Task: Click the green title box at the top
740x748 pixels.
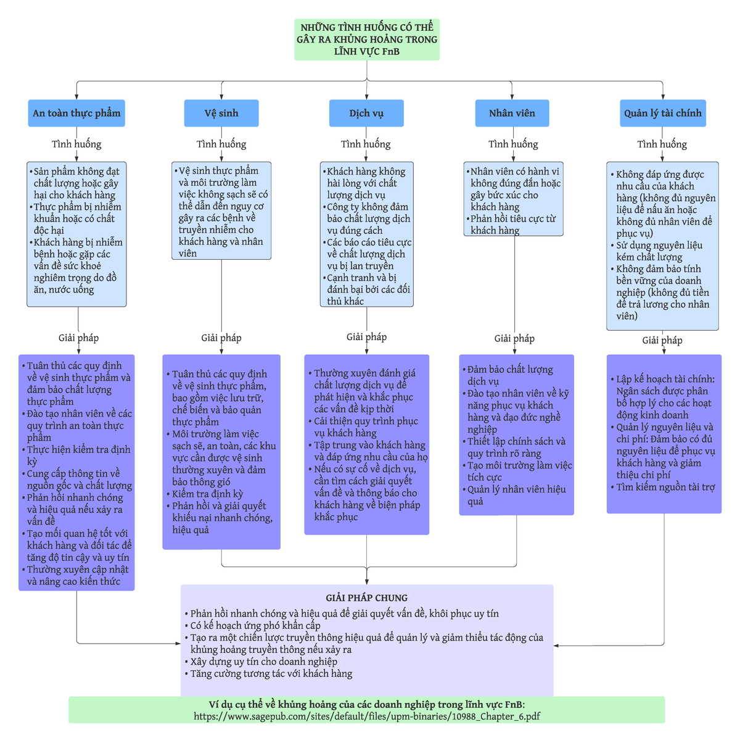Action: [367, 39]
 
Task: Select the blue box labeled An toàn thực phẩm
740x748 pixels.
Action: [76, 114]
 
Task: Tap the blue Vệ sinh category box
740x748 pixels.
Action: [221, 114]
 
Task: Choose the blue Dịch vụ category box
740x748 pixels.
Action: [366, 114]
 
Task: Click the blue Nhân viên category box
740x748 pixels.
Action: [512, 114]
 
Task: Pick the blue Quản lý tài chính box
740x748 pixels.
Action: [662, 114]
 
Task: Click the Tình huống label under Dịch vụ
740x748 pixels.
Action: [366, 144]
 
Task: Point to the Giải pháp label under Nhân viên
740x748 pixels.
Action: [514, 338]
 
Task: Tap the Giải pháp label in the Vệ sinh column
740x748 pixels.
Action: [221, 338]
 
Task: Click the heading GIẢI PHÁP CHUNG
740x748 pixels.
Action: [367, 597]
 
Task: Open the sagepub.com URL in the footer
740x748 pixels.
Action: [367, 717]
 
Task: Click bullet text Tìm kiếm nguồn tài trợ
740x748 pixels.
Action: [665, 487]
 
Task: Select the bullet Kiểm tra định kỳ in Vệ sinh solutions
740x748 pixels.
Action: [207, 494]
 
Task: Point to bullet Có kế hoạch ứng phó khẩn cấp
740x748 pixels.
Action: [255, 625]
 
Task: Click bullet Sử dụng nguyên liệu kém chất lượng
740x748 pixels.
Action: [659, 251]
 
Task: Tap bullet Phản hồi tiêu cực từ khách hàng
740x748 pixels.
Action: [512, 225]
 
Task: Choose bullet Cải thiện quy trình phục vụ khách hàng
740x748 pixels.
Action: [366, 427]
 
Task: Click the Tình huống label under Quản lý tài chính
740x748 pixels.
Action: [662, 144]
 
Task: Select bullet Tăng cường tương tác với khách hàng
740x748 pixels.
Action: [271, 673]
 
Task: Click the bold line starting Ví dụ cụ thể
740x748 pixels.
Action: [367, 704]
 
